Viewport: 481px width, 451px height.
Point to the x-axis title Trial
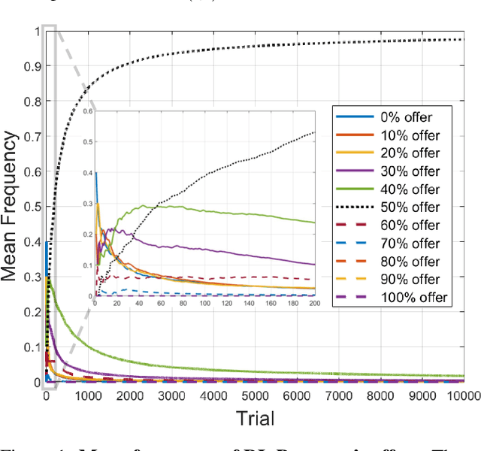point(256,418)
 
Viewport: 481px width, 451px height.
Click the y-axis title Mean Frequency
point(10,206)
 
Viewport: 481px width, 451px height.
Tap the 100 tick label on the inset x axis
point(204,302)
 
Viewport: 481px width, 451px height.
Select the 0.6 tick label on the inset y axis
point(87,111)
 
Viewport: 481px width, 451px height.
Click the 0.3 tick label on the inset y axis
point(87,203)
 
